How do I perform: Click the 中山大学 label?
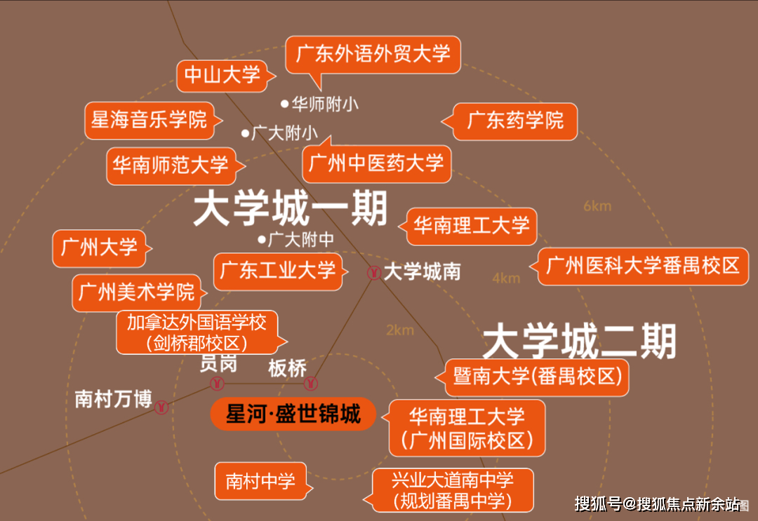[x=222, y=75]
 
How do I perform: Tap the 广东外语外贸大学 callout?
[x=373, y=55]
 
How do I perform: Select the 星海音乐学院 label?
[x=150, y=120]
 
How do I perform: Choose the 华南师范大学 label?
[x=171, y=165]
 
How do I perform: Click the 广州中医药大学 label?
[x=376, y=163]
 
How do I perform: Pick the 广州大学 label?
[x=100, y=248]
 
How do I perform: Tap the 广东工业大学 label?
[x=278, y=271]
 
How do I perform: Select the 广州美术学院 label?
[x=137, y=292]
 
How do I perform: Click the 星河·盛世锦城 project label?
[x=293, y=414]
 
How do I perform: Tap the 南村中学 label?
[x=261, y=481]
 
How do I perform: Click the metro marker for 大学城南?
[x=373, y=273]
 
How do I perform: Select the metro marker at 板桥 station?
[x=310, y=384]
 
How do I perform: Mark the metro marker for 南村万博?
[x=161, y=407]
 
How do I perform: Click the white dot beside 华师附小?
[x=285, y=103]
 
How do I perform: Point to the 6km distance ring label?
[x=597, y=206]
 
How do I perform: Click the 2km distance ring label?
[x=400, y=330]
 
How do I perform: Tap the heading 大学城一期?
[x=291, y=208]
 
